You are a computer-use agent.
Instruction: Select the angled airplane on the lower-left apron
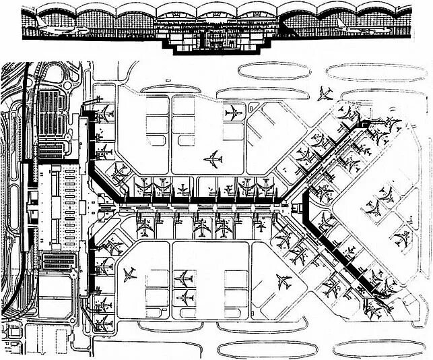131,274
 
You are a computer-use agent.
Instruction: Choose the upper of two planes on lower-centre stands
183,276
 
